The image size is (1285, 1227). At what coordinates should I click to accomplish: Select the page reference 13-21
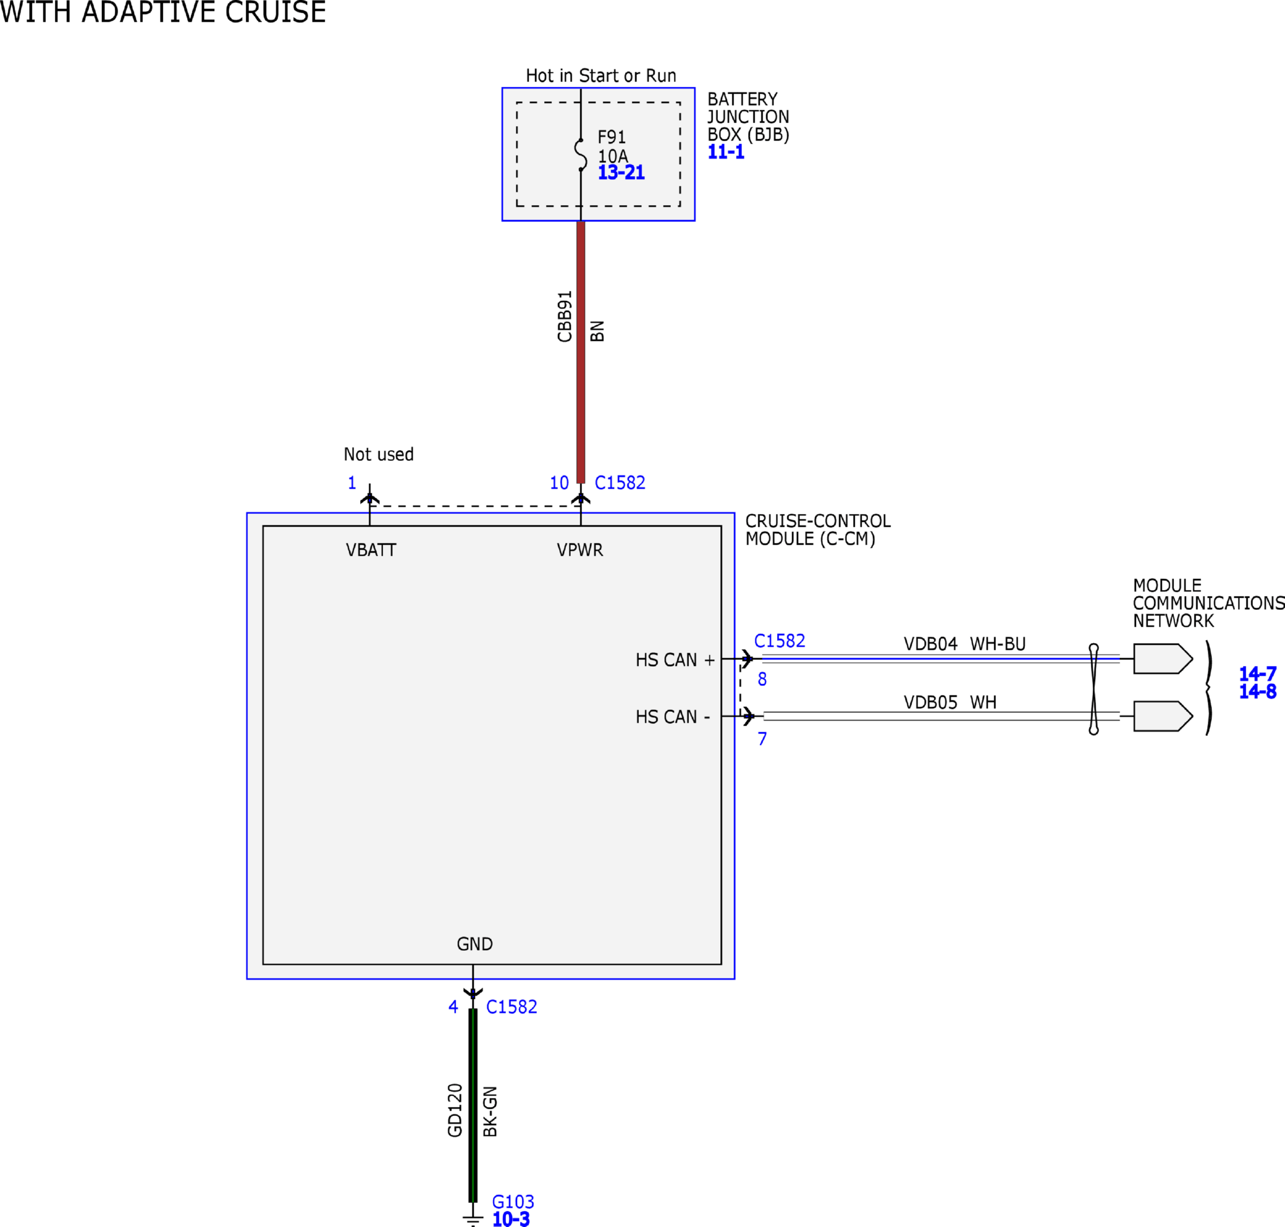(621, 173)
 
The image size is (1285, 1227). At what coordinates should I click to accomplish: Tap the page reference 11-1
(726, 153)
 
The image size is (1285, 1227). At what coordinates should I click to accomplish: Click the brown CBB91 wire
(581, 352)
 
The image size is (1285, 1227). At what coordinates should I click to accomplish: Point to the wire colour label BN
(597, 331)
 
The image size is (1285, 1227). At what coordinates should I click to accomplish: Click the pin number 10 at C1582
(559, 483)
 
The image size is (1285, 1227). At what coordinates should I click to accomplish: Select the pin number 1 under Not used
(352, 483)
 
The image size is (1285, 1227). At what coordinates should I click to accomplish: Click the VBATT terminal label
(371, 550)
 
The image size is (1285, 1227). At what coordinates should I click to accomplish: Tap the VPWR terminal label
(580, 550)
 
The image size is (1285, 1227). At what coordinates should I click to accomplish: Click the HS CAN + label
(675, 660)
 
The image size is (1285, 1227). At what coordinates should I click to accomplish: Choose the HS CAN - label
(673, 717)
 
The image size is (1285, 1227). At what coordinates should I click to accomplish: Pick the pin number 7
(763, 739)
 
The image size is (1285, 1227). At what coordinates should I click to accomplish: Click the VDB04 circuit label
(930, 644)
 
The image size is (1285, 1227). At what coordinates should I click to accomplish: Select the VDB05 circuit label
(930, 702)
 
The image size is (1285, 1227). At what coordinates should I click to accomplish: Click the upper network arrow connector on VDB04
(1163, 659)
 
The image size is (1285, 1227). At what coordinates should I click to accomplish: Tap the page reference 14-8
(1257, 691)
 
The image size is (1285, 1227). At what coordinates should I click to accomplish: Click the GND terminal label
(475, 944)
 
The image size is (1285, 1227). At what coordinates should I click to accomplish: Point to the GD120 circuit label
(455, 1110)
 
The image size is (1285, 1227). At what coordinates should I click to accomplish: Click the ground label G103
(513, 1202)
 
